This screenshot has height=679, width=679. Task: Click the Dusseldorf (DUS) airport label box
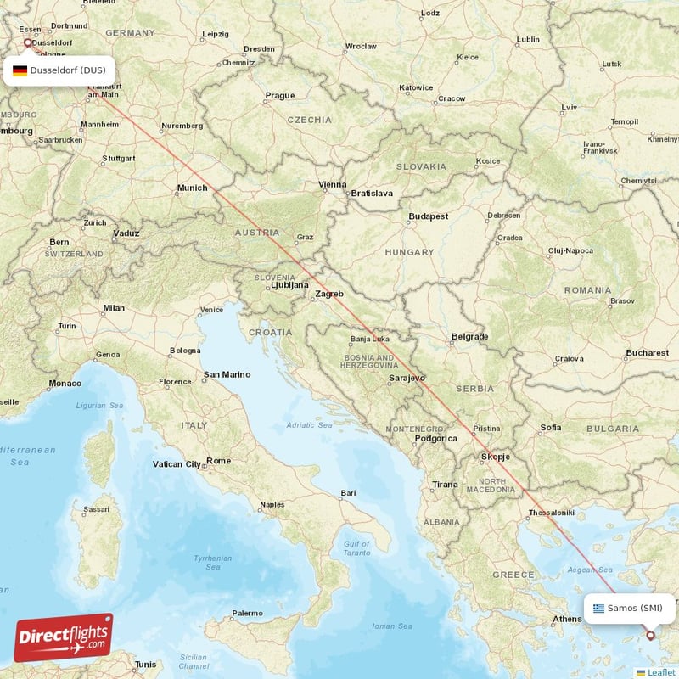pos(59,70)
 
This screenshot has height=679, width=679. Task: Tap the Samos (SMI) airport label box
pos(629,608)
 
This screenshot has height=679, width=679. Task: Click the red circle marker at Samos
pos(651,634)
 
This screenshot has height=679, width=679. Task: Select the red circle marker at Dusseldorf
pos(27,42)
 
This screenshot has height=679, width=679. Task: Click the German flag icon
pos(19,70)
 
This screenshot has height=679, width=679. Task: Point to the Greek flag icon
pos(599,608)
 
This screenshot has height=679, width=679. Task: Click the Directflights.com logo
pos(64,637)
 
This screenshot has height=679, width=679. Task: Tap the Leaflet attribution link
pos(661,672)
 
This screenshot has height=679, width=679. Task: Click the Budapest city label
pos(428,216)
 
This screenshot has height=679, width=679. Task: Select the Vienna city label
pos(332,184)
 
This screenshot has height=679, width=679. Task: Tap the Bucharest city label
pos(648,352)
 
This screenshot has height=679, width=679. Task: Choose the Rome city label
pos(218,461)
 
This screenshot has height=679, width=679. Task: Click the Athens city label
pos(567,619)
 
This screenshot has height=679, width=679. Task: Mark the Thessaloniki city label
pos(552,513)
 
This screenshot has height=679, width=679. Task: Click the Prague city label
pos(279,96)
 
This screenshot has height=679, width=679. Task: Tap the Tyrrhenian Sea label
pos(212,563)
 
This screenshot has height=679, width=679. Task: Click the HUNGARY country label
pos(409,252)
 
